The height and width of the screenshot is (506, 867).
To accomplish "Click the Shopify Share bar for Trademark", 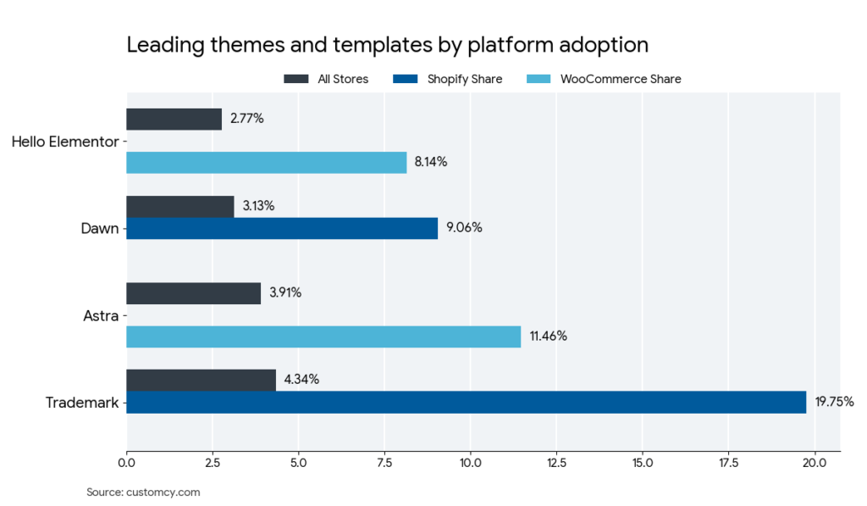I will tap(466, 403).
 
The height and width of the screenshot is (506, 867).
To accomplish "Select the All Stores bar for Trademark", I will tap(201, 380).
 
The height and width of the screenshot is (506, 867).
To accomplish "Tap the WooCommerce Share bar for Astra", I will tap(323, 336).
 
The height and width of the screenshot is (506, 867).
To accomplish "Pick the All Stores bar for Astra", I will tap(193, 293).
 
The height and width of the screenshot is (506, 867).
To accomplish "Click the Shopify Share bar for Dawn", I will tap(282, 228).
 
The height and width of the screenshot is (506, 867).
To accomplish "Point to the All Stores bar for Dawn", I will tap(179, 206).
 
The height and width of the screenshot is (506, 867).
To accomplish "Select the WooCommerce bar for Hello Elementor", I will tap(266, 163).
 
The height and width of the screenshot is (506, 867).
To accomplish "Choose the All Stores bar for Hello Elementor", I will tap(174, 119).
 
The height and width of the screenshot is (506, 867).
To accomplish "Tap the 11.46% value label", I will tap(548, 336).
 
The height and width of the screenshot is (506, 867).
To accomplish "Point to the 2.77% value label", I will tap(246, 119).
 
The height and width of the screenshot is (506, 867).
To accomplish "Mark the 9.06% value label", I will tap(464, 228).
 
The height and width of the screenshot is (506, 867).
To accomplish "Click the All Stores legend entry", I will tap(326, 79).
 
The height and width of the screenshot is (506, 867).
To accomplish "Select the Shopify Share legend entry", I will tap(448, 79).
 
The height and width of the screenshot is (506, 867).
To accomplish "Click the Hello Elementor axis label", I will tap(64, 142).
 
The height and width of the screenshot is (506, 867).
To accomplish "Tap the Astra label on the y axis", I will tap(100, 315).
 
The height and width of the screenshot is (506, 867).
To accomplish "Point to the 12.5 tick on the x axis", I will tap(556, 463).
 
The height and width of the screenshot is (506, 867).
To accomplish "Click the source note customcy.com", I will tap(143, 492).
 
